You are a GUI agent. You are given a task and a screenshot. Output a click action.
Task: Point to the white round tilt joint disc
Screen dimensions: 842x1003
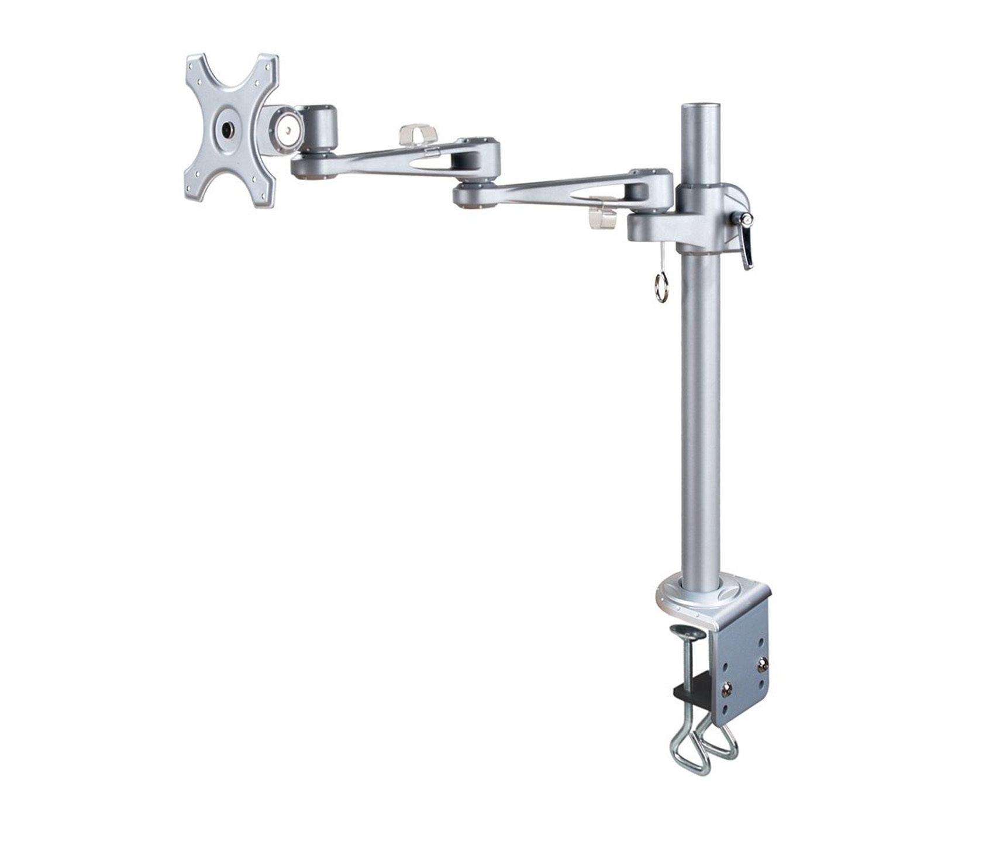pyautogui.click(x=288, y=126)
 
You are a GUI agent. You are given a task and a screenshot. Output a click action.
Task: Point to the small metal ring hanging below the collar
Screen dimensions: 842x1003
pyautogui.click(x=661, y=291)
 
